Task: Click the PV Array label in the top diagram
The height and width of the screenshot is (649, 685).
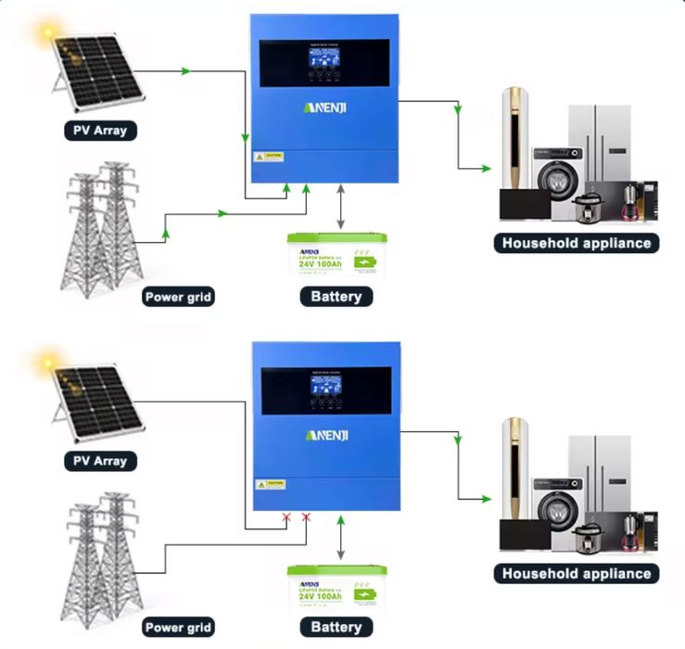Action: [99, 131]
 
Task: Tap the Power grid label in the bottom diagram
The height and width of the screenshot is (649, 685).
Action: [179, 628]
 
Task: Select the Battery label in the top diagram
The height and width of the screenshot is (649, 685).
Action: [336, 297]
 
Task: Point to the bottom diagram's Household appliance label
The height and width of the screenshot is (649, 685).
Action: [577, 573]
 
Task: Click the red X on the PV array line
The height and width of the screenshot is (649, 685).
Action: [286, 518]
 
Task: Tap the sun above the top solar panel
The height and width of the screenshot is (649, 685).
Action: [44, 35]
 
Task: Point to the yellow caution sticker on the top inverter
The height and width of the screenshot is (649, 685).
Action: [269, 157]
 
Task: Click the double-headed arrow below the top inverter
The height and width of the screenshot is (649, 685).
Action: [342, 206]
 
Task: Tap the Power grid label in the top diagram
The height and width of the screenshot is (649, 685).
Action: [179, 298]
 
